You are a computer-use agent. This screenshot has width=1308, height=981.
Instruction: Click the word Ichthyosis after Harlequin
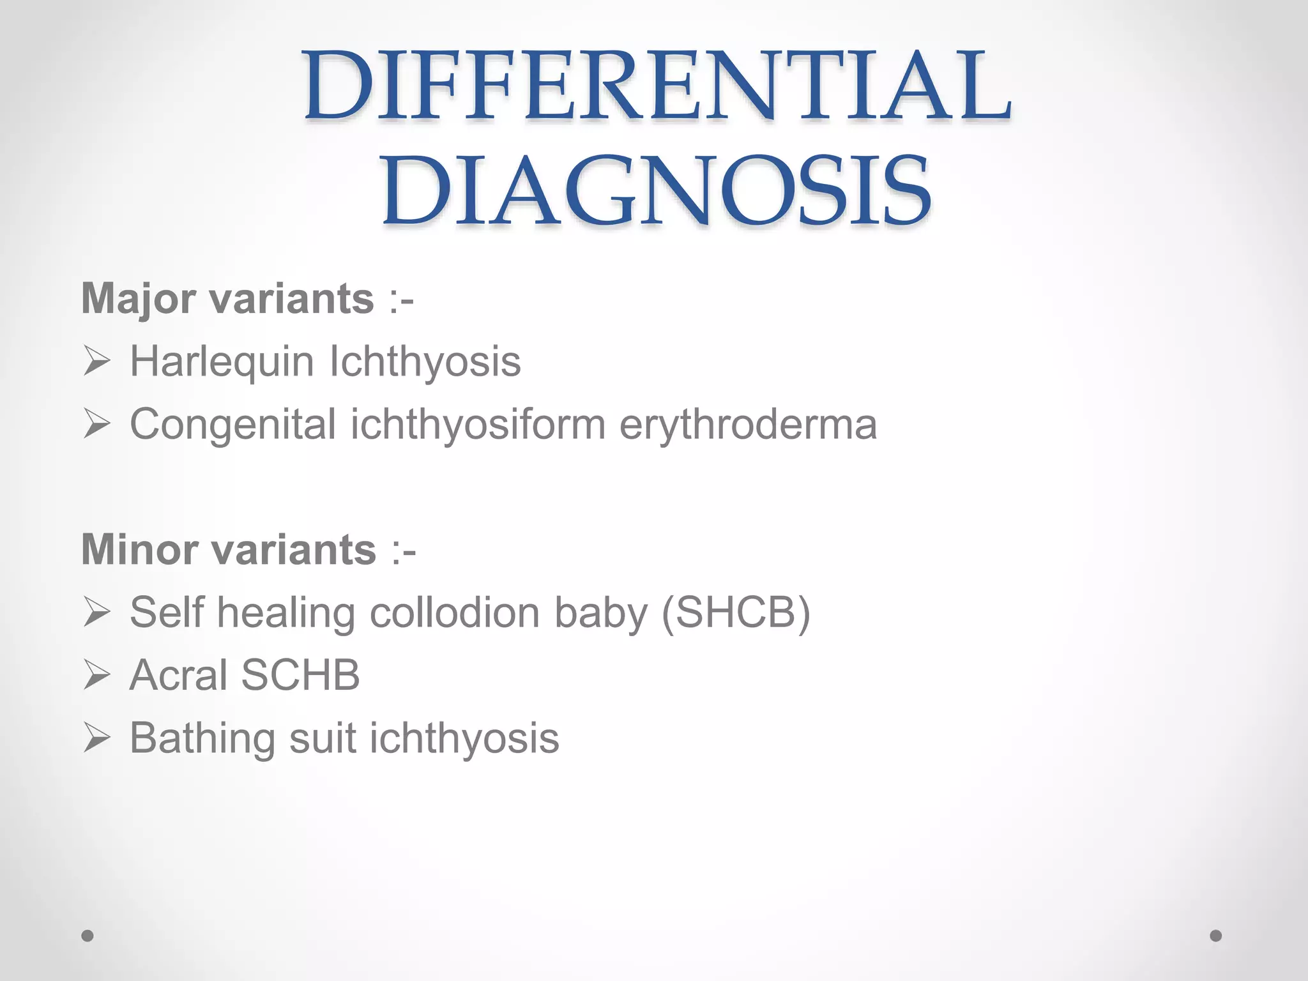(x=425, y=361)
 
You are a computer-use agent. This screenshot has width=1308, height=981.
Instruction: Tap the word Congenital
(x=233, y=424)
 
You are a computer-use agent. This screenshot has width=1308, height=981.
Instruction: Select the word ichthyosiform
(x=478, y=424)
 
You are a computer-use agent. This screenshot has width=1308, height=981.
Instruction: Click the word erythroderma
(x=748, y=424)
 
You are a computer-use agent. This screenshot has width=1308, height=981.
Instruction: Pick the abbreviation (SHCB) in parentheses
(x=736, y=612)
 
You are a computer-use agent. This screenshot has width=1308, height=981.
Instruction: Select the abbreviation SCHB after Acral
(x=301, y=675)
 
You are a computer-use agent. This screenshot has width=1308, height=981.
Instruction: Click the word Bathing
(x=202, y=738)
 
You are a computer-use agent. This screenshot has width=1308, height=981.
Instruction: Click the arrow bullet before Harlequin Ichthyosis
(x=96, y=362)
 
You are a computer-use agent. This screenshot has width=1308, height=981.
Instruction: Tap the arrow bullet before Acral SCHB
(x=96, y=676)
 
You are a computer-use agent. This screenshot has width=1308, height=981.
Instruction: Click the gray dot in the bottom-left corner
(x=87, y=936)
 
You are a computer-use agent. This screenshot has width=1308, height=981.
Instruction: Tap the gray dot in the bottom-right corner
(x=1216, y=936)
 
